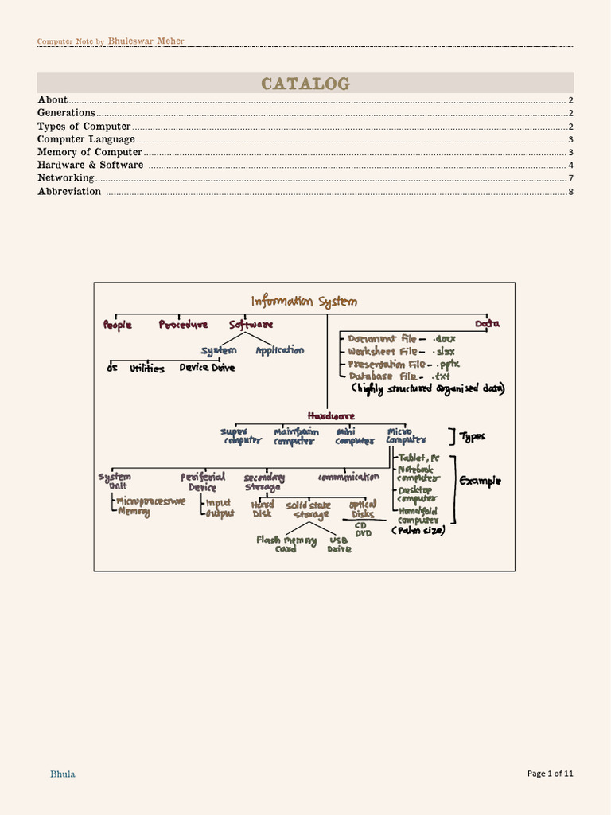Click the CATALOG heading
click(305, 84)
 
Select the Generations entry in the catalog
click(66, 113)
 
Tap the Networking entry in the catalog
click(66, 178)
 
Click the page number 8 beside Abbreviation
click(570, 192)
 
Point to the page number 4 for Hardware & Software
click(570, 166)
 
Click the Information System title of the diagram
click(304, 302)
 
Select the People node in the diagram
click(118, 325)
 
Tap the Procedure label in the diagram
click(183, 325)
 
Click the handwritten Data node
click(488, 324)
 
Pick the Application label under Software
click(279, 350)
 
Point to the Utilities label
click(147, 369)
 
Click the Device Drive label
click(207, 368)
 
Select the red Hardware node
click(331, 415)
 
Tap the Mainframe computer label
click(296, 436)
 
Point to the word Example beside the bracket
click(481, 481)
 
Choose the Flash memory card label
click(286, 544)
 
